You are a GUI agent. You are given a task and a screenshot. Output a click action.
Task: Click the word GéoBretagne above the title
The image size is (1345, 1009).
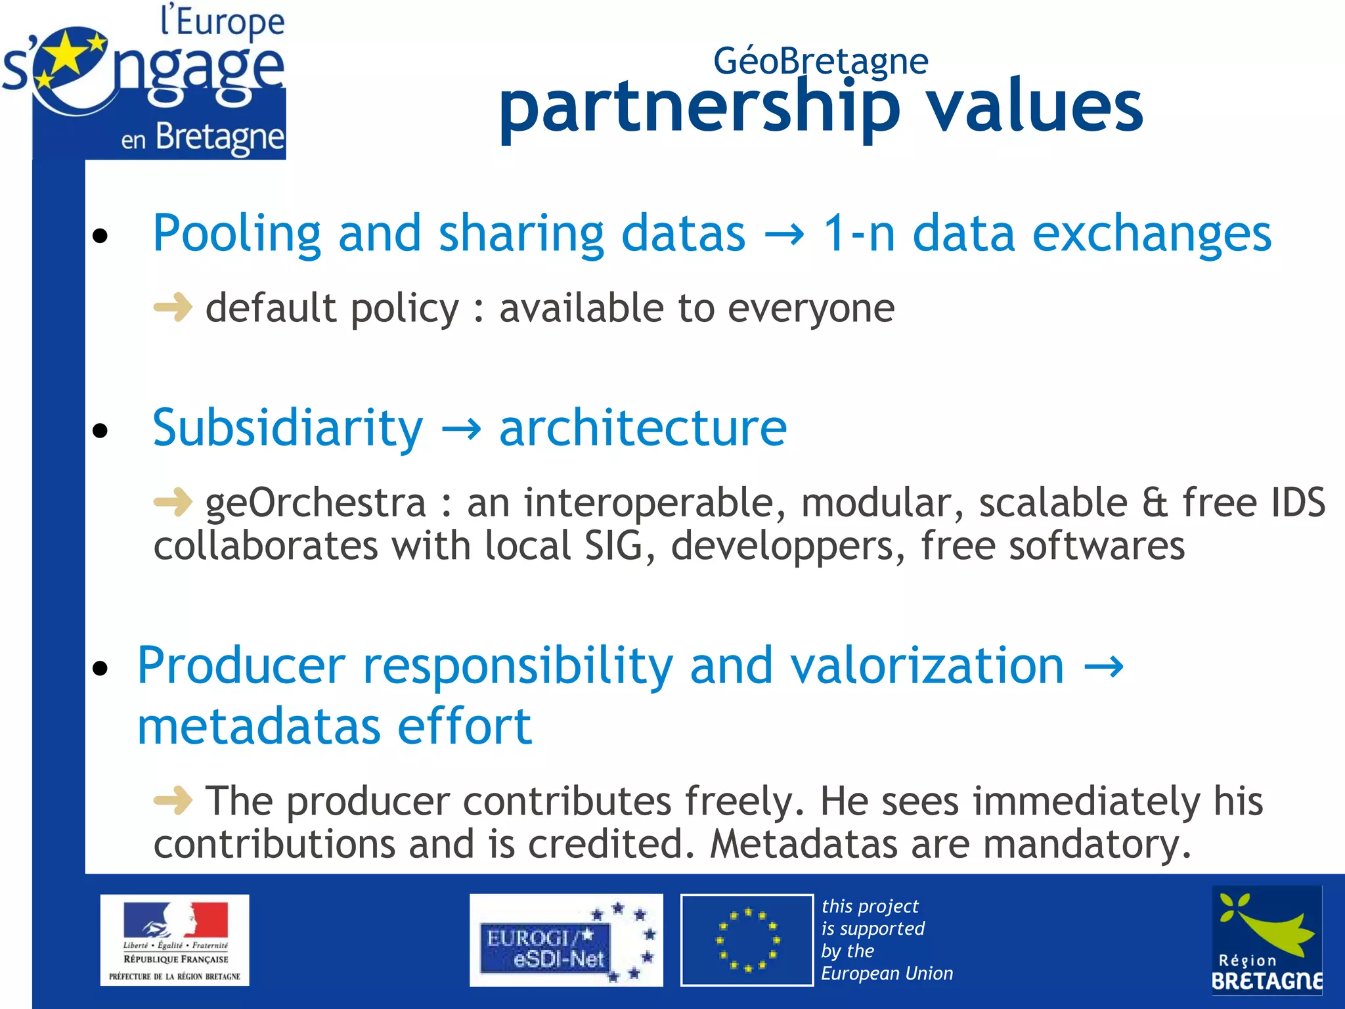click(820, 61)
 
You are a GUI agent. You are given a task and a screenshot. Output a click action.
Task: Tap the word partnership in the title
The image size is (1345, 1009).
click(699, 108)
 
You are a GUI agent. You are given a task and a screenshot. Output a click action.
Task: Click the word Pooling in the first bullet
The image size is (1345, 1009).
click(236, 235)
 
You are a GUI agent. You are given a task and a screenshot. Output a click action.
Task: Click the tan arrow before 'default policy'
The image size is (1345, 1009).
click(173, 307)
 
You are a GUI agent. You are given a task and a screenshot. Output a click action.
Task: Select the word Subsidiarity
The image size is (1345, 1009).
click(288, 428)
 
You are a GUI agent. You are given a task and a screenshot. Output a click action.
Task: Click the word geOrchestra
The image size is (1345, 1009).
click(315, 503)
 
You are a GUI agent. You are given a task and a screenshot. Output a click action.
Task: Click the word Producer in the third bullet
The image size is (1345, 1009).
click(241, 665)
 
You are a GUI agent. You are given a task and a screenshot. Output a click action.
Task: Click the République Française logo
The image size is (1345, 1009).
click(175, 940)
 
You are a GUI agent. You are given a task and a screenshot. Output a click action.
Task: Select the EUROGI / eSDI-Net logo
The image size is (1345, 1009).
click(565, 940)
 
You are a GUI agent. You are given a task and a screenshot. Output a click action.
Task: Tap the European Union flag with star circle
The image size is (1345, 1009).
click(747, 940)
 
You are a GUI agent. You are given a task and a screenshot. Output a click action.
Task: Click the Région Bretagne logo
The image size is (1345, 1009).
click(1266, 940)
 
